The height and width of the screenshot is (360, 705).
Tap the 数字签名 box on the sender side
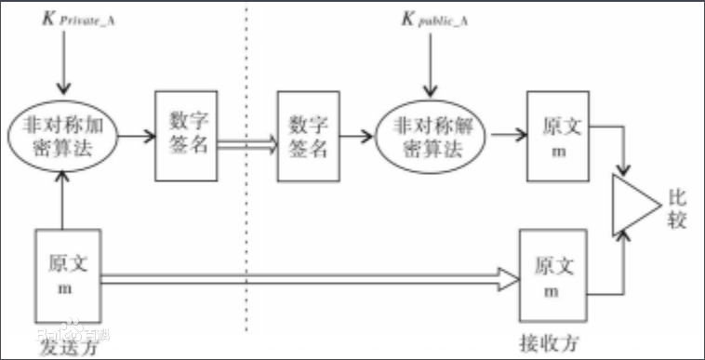[x=185, y=136]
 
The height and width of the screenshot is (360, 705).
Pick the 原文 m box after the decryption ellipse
[x=557, y=136]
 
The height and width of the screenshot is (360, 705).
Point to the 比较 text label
[x=676, y=209]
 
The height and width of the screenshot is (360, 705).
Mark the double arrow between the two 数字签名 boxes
[x=246, y=142]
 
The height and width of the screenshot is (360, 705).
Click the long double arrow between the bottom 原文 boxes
[x=307, y=276]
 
